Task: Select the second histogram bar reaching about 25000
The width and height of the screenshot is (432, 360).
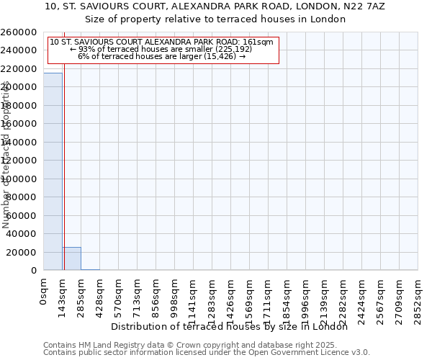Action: tap(71, 258)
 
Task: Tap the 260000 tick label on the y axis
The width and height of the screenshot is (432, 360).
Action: tap(19, 32)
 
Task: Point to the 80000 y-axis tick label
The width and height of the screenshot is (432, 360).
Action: tap(22, 197)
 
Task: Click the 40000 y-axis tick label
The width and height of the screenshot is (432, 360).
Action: tap(22, 234)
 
